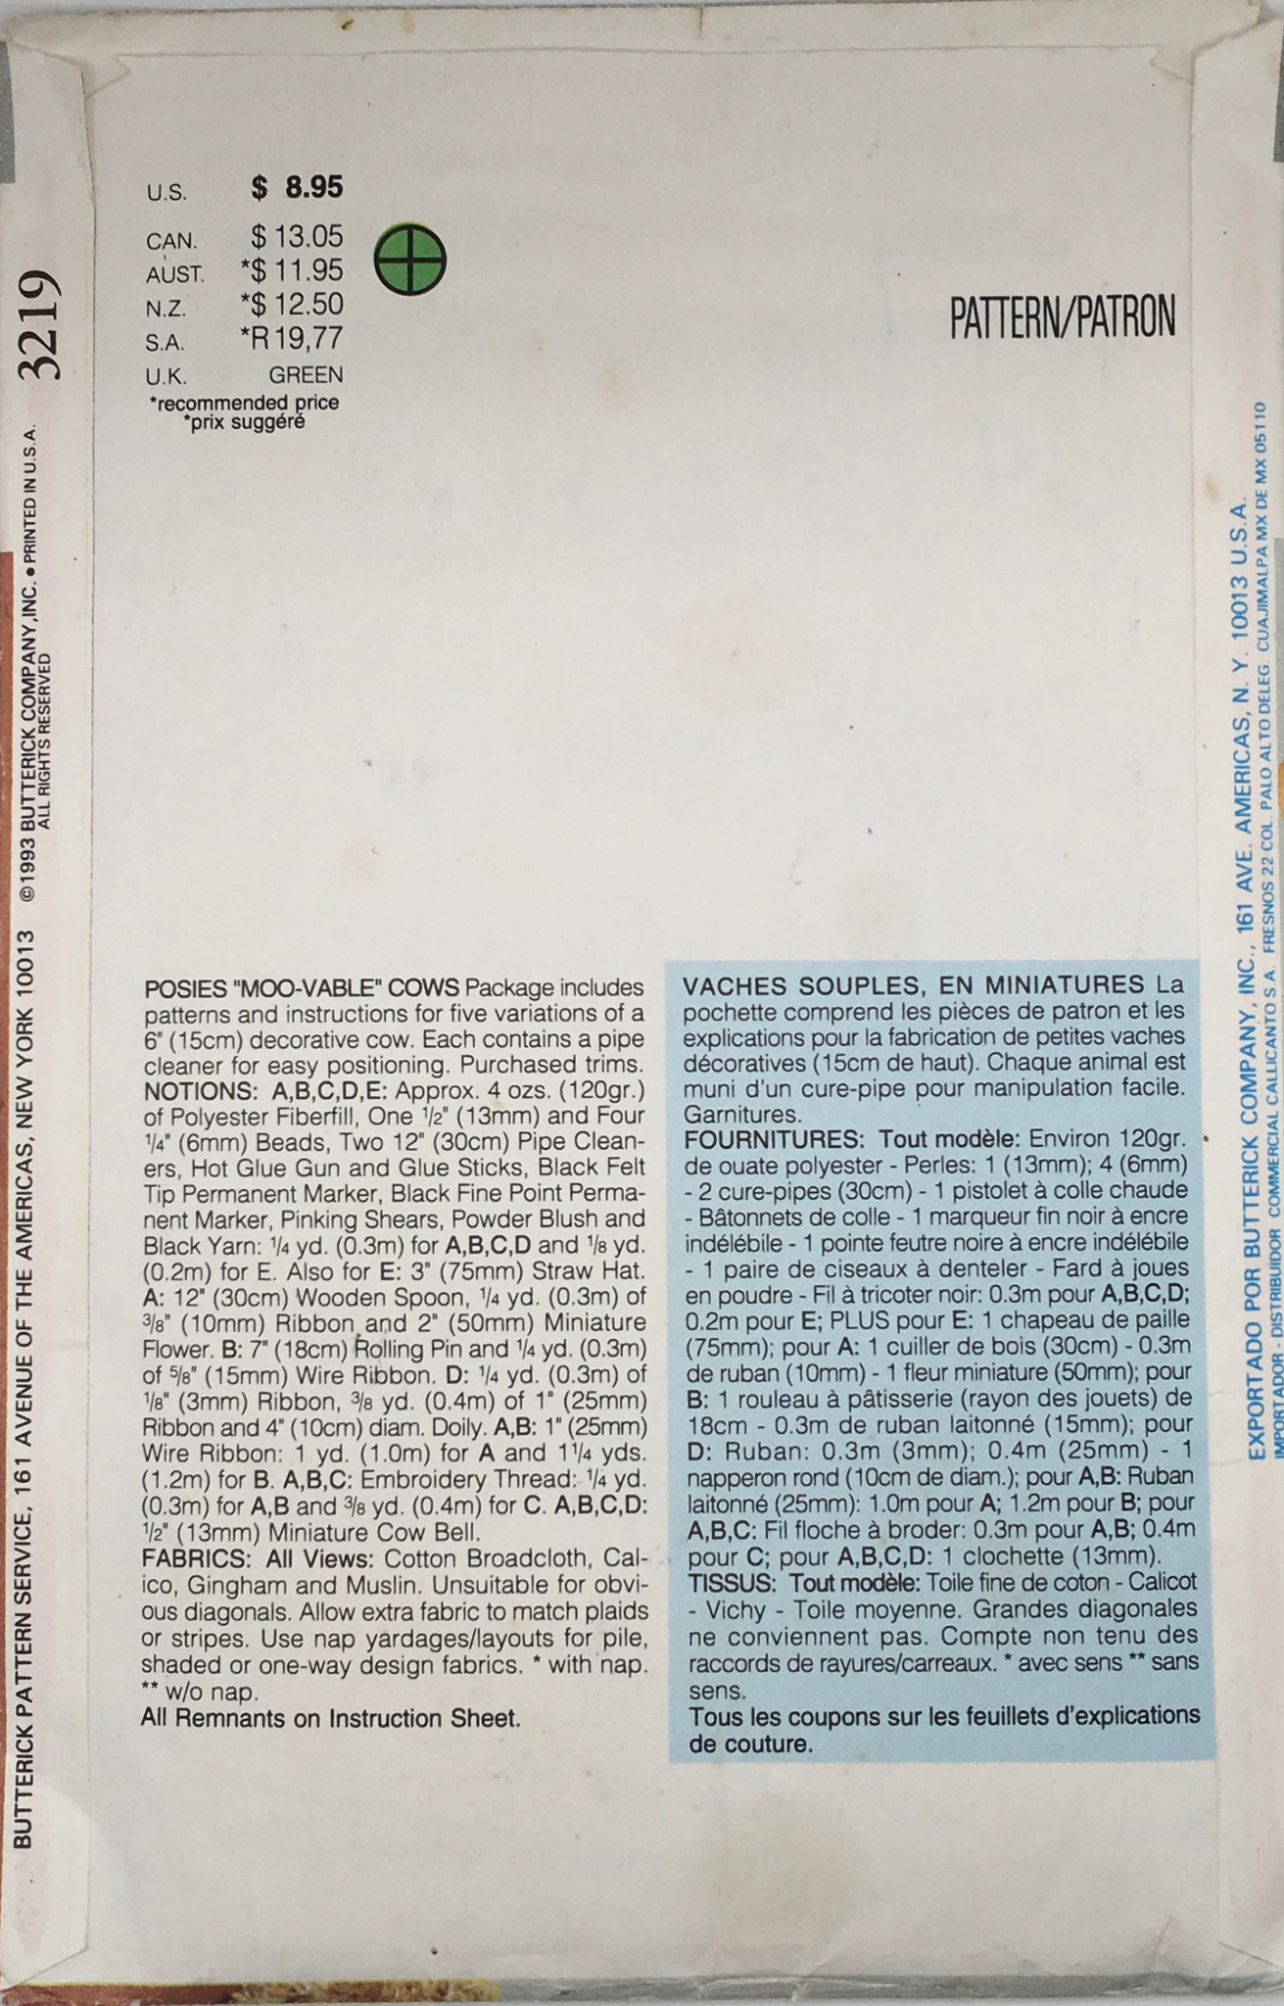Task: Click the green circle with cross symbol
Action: pos(410,259)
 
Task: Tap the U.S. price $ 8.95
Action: pos(297,186)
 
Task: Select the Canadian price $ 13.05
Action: pos(297,237)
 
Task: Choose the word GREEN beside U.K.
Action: pos(306,374)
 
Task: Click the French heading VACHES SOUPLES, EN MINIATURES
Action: pos(914,984)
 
